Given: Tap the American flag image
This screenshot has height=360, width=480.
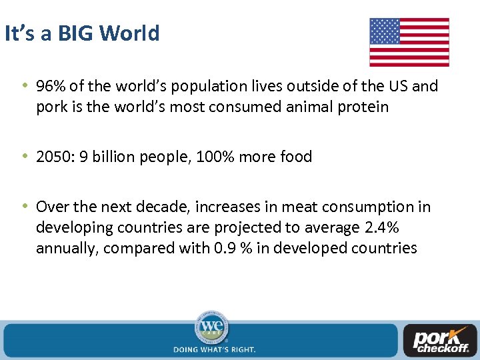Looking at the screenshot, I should coord(409,42).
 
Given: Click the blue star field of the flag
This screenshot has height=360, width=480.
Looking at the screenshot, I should coord(385,31).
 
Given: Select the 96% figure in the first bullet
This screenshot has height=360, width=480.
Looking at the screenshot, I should coord(50,86).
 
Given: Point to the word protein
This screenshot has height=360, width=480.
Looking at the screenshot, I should coord(359,107).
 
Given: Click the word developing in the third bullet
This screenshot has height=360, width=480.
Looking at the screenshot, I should coord(72,227).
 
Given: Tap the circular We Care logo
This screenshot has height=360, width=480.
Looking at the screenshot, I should coord(211,327).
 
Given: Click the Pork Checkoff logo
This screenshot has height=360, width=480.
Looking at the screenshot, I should coord(441,341).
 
